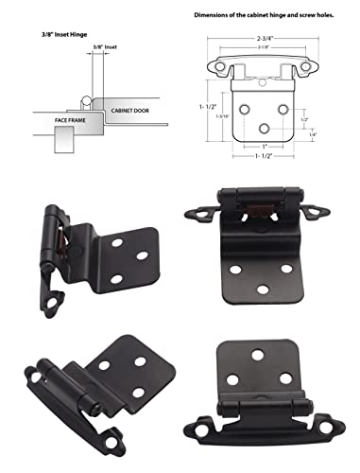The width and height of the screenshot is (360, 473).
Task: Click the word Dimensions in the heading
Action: click(215, 16)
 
